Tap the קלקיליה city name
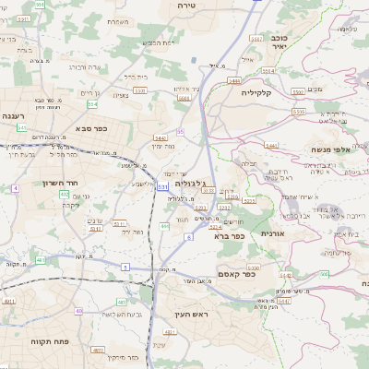pyautogui.click(x=259, y=93)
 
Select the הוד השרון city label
pyautogui.click(x=38, y=183)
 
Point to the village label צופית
pyautogui.click(x=121, y=95)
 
